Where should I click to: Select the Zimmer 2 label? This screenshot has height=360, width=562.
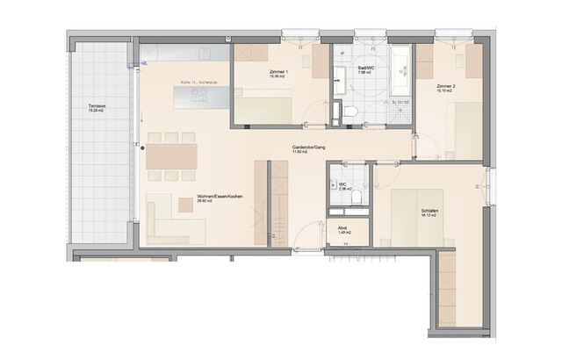(x=443, y=86)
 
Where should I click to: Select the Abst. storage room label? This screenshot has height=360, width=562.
(x=342, y=228)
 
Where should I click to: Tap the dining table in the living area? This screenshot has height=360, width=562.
(x=171, y=155)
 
